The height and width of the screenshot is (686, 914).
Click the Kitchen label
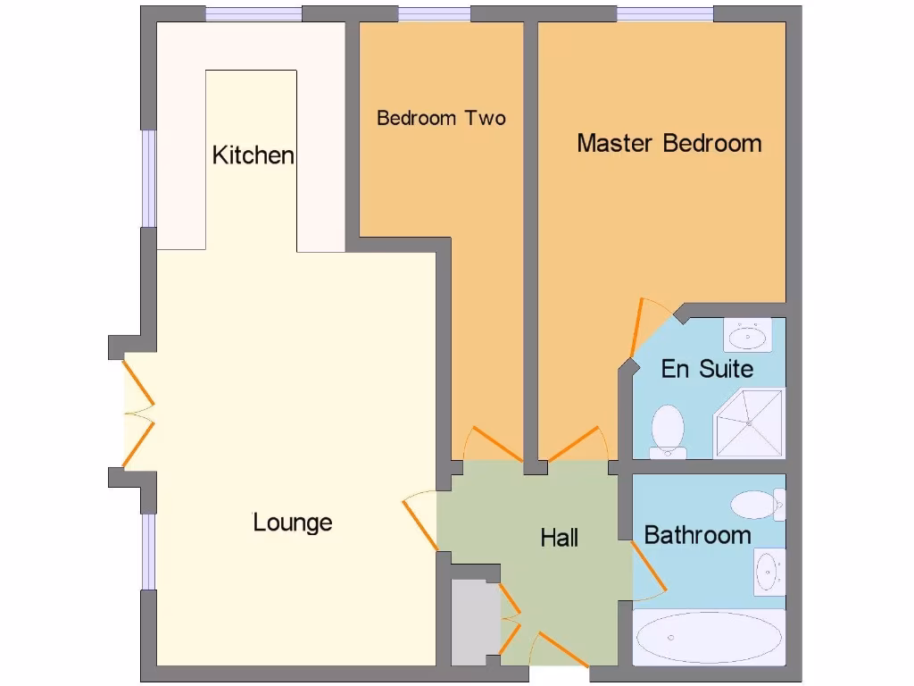point(253,155)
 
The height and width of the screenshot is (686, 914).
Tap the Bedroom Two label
point(441,118)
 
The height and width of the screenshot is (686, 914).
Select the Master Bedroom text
point(669,143)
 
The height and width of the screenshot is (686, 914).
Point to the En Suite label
point(707,369)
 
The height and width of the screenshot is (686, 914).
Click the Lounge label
point(293,522)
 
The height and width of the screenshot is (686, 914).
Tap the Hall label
point(560,537)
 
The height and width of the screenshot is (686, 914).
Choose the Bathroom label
point(697,535)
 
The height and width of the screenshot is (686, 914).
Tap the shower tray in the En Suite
point(749,422)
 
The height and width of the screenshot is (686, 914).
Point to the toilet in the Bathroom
point(757,505)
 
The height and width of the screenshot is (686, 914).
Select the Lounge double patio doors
point(137,412)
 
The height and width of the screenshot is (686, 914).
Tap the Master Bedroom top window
point(665,13)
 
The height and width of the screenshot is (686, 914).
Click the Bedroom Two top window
point(434,13)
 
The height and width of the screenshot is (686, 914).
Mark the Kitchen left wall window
point(149,179)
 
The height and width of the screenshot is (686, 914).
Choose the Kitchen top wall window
point(253,13)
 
